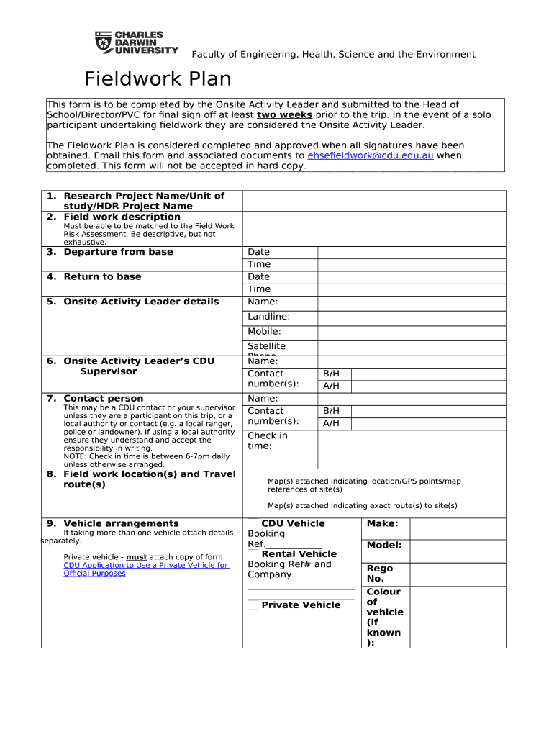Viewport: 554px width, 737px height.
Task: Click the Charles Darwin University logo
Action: click(137, 42)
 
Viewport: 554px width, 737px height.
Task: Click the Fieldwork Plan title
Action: click(158, 78)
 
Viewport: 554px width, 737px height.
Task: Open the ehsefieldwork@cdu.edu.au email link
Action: click(370, 155)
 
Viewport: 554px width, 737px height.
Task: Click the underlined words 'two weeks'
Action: click(284, 115)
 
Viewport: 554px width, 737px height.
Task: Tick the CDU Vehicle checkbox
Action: click(253, 523)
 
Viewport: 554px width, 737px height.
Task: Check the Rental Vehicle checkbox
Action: click(253, 553)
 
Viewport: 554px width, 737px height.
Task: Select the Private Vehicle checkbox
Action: click(253, 605)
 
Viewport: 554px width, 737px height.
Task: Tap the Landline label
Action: click(268, 317)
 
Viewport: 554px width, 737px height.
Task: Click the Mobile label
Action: click(264, 332)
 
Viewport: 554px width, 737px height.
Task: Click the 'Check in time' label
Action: click(267, 440)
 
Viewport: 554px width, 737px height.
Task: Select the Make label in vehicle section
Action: click(382, 524)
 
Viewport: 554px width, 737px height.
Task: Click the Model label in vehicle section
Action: click(384, 546)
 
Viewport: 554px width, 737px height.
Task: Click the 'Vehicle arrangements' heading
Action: click(121, 523)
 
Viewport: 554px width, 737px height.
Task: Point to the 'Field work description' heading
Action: click(122, 217)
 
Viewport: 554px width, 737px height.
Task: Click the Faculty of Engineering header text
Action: click(332, 55)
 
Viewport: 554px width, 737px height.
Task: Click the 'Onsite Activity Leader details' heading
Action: click(141, 302)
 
